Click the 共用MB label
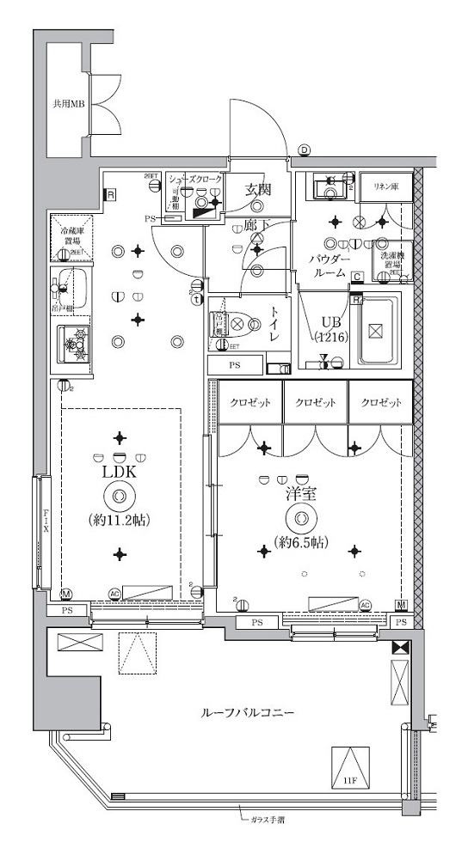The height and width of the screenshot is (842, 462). pos(65,106)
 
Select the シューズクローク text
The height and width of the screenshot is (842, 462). pos(196,179)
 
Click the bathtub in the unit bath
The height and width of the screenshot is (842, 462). pos(379,330)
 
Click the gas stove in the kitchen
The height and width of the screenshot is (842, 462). pos(75,345)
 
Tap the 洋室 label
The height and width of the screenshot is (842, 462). pos(299,495)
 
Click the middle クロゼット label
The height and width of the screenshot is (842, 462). pos(315,403)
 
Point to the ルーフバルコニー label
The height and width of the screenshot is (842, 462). pos(249,713)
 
